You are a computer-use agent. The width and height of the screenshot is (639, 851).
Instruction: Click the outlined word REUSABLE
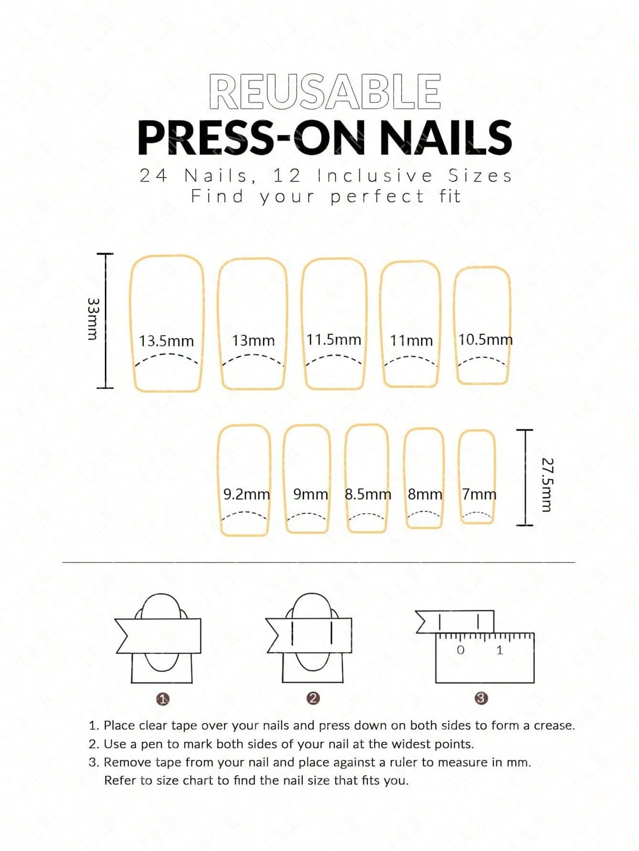coord(325,92)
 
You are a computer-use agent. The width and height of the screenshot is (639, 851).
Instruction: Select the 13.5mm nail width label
coord(166,341)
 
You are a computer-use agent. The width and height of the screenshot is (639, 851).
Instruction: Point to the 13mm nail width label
coord(253,341)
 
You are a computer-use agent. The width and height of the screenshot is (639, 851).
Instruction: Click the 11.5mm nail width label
coord(334,340)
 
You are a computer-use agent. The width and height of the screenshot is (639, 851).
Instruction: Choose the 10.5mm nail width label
coord(485,340)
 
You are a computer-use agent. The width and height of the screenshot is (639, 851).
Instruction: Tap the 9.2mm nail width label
coord(247,494)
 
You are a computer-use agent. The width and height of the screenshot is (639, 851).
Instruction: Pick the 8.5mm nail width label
coord(368,494)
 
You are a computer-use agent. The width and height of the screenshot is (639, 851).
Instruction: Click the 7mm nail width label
coord(479,494)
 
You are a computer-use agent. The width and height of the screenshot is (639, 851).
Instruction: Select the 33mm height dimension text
coord(93,319)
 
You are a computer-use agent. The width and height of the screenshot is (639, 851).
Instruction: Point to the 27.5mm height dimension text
coord(547,484)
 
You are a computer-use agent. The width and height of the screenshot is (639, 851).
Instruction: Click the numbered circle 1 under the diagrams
coord(163,699)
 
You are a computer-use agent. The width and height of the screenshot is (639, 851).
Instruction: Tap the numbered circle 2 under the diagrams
coord(313,698)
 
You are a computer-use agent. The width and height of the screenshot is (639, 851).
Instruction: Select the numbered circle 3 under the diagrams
coord(481,698)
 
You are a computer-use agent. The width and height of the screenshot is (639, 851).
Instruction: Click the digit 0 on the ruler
coord(460,650)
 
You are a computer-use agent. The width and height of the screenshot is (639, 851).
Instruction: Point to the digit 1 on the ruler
coord(500,650)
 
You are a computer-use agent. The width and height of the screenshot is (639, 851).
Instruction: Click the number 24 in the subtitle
coord(154,176)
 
